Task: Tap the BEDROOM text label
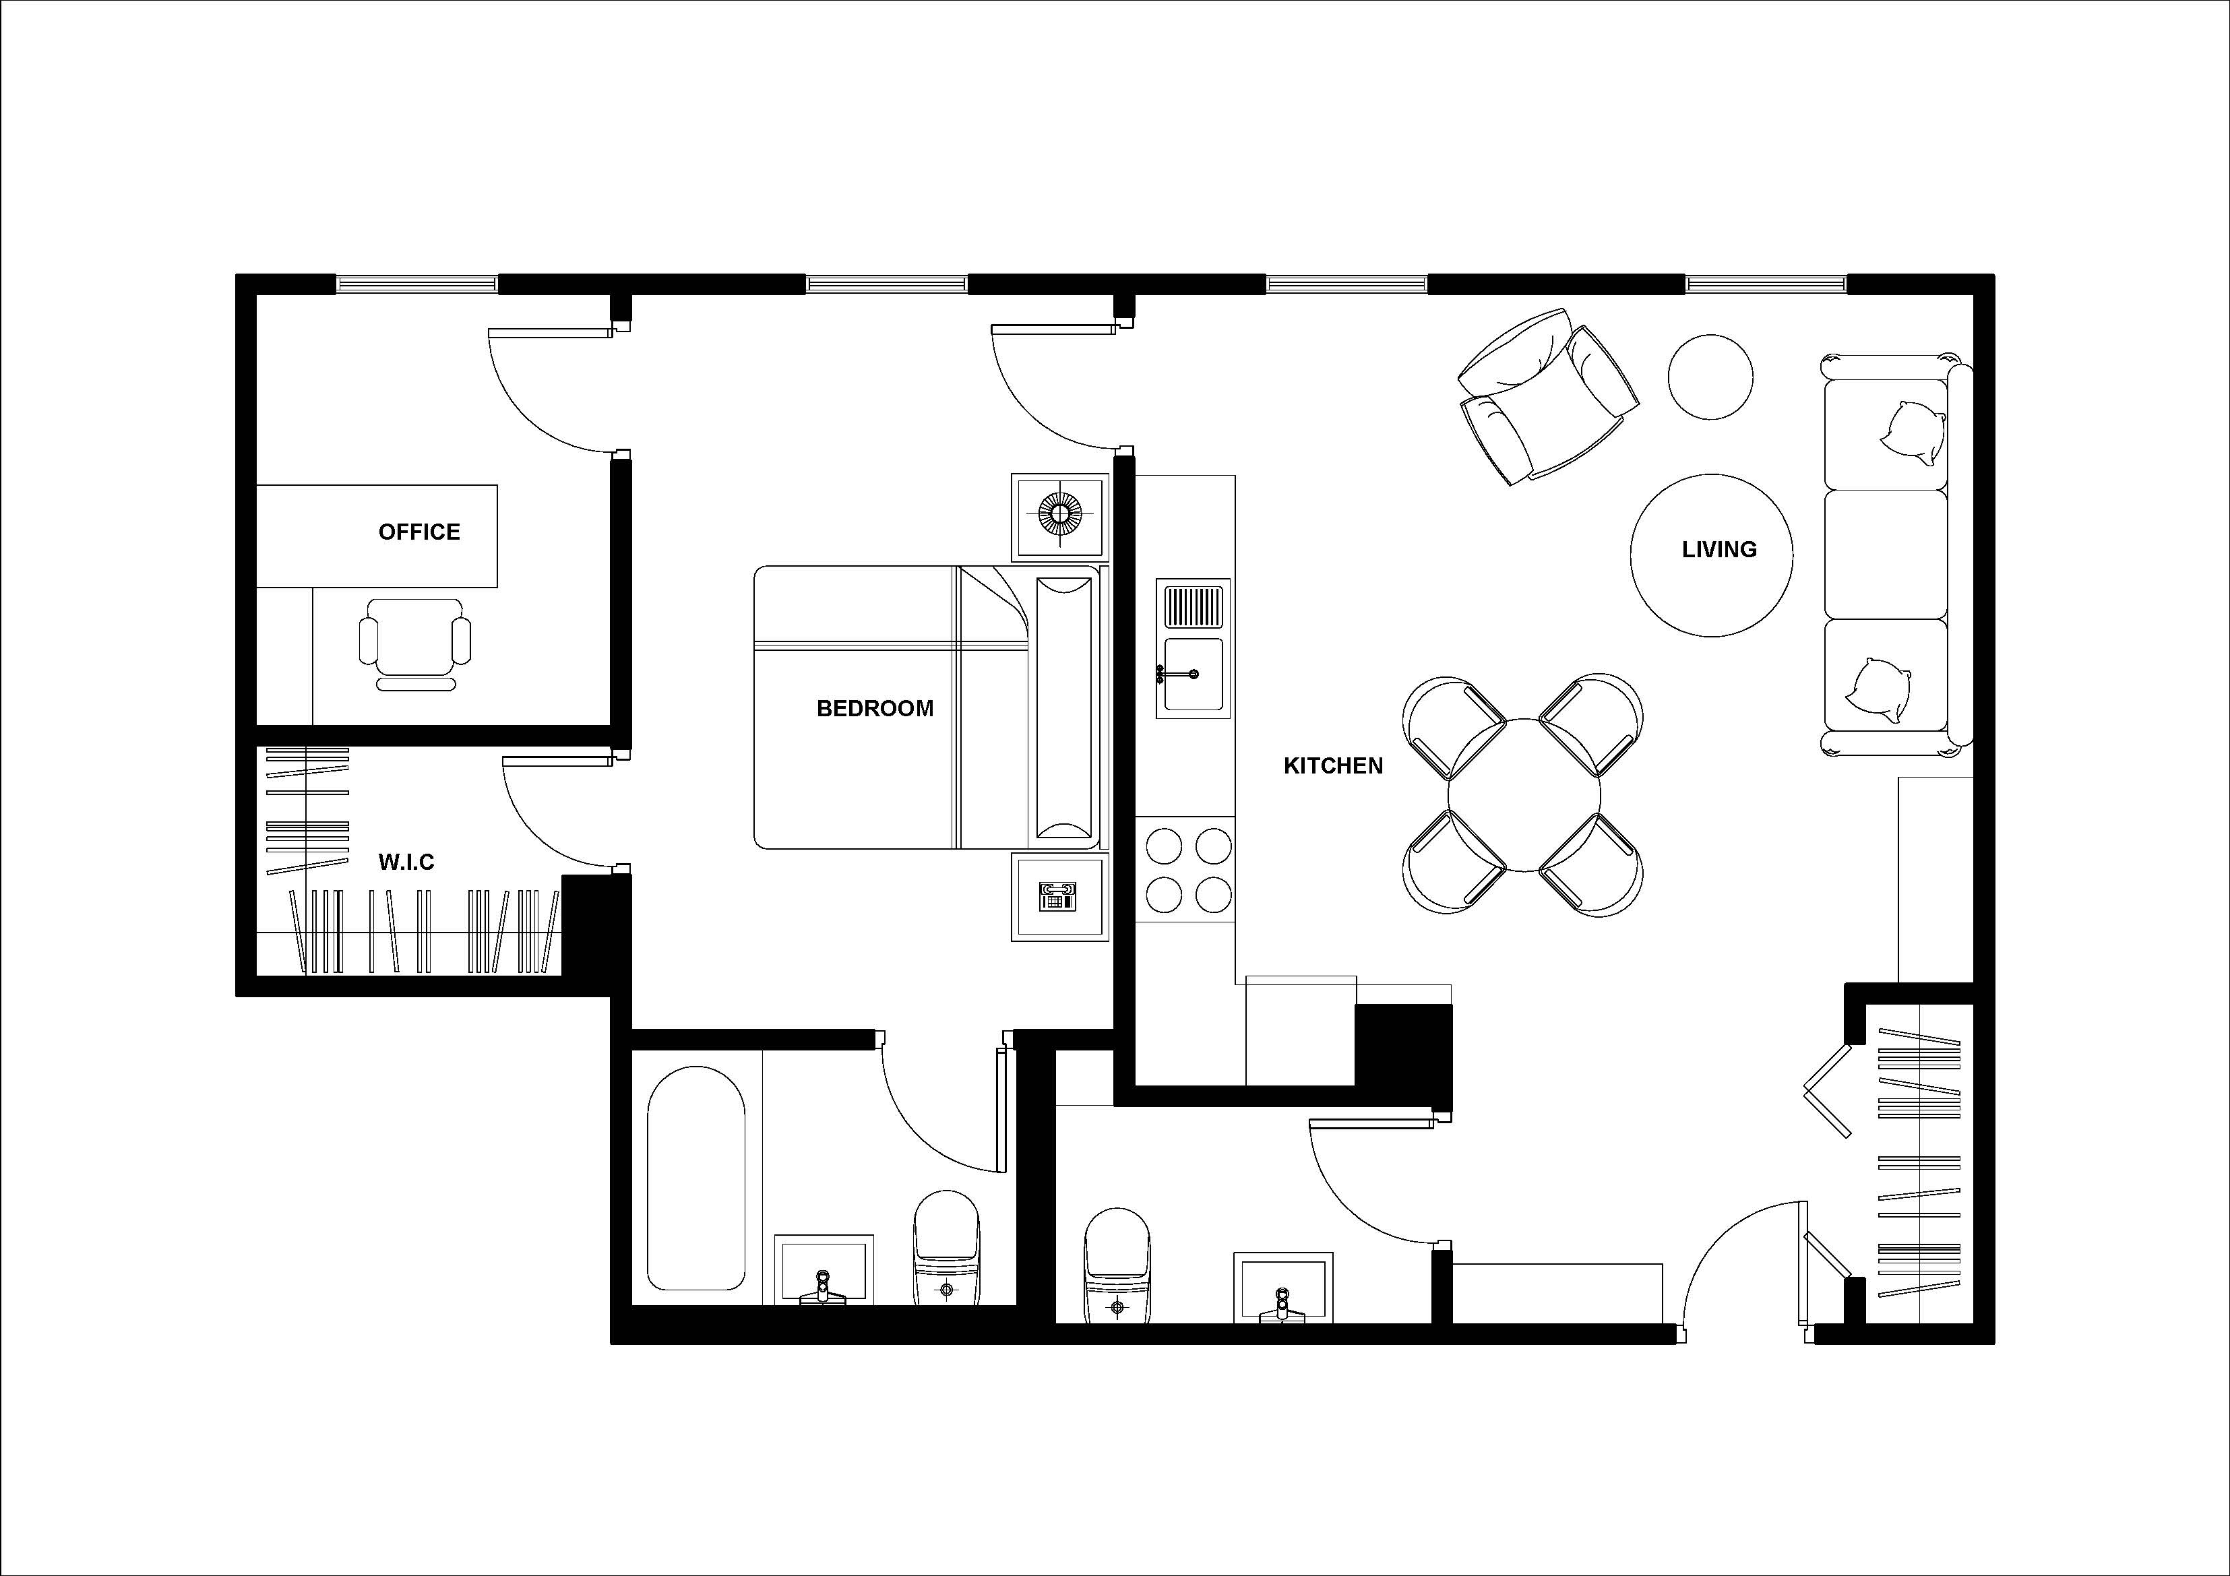(x=874, y=709)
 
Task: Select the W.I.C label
(x=406, y=862)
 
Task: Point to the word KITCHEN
(x=1332, y=766)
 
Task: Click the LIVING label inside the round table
(x=1718, y=550)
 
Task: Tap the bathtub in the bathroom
(x=695, y=1178)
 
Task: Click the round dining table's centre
(x=1523, y=794)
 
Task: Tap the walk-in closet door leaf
(x=557, y=761)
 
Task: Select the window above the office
(x=416, y=284)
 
